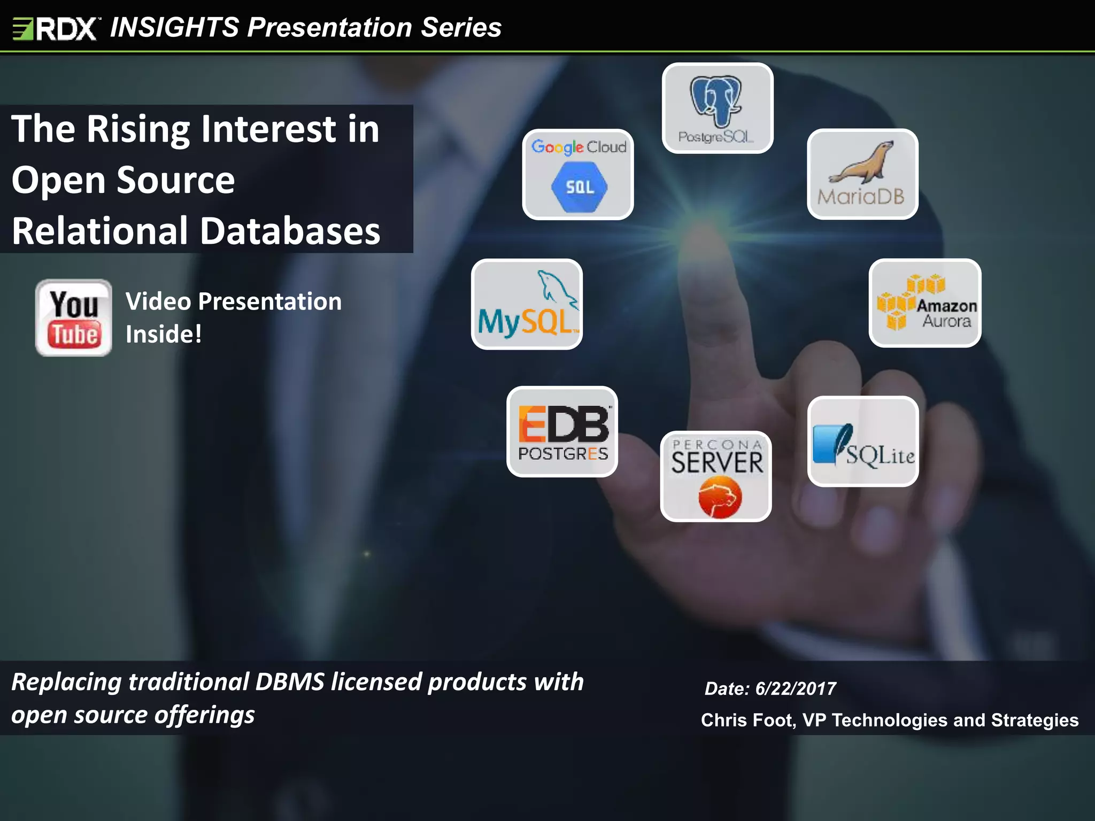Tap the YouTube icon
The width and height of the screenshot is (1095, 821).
pos(74,317)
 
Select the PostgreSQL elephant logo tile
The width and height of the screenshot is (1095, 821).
pos(717,108)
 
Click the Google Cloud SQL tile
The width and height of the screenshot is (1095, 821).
pos(578,174)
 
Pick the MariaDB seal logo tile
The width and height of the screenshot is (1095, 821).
pos(862,174)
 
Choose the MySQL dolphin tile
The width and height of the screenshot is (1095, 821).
pos(527,304)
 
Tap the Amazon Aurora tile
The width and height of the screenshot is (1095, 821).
pos(924,303)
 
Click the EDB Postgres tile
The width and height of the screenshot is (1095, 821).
pos(562,431)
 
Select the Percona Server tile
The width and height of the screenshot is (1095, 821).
pos(716,476)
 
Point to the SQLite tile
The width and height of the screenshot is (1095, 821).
pos(863,442)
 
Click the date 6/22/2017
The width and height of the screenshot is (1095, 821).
pos(796,688)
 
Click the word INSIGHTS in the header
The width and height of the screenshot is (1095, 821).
pos(175,27)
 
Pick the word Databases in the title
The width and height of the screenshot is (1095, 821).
pos(290,231)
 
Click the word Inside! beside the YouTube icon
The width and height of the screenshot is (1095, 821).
pos(164,334)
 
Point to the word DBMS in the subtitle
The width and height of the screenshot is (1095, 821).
pos(289,682)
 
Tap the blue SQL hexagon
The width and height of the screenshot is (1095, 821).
pos(580,187)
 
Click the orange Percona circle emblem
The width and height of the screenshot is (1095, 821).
pos(720,498)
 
